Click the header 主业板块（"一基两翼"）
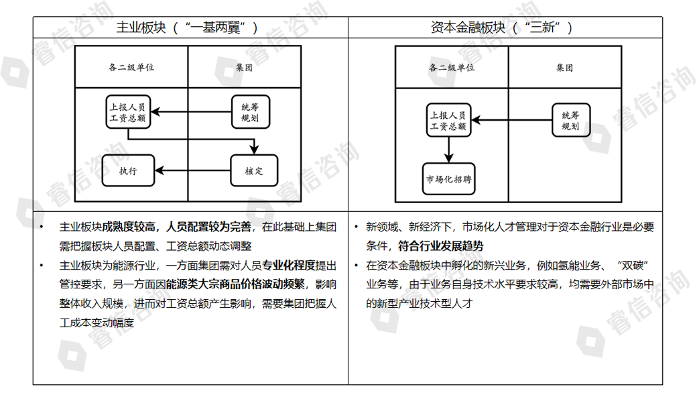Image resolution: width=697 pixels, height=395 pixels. click(x=188, y=27)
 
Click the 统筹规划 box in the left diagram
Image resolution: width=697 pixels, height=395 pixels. click(x=250, y=112)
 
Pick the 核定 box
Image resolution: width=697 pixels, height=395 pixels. click(x=254, y=170)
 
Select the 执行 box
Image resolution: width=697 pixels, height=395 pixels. click(x=128, y=170)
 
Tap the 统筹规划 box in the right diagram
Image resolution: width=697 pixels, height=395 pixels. click(x=570, y=121)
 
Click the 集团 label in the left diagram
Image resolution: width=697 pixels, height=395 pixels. click(x=245, y=68)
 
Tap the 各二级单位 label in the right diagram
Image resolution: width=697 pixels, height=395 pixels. click(x=452, y=68)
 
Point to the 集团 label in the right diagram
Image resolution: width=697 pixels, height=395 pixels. click(x=565, y=68)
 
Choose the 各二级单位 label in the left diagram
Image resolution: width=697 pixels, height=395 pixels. click(x=131, y=68)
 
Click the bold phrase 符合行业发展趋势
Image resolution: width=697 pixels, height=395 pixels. click(x=440, y=246)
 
